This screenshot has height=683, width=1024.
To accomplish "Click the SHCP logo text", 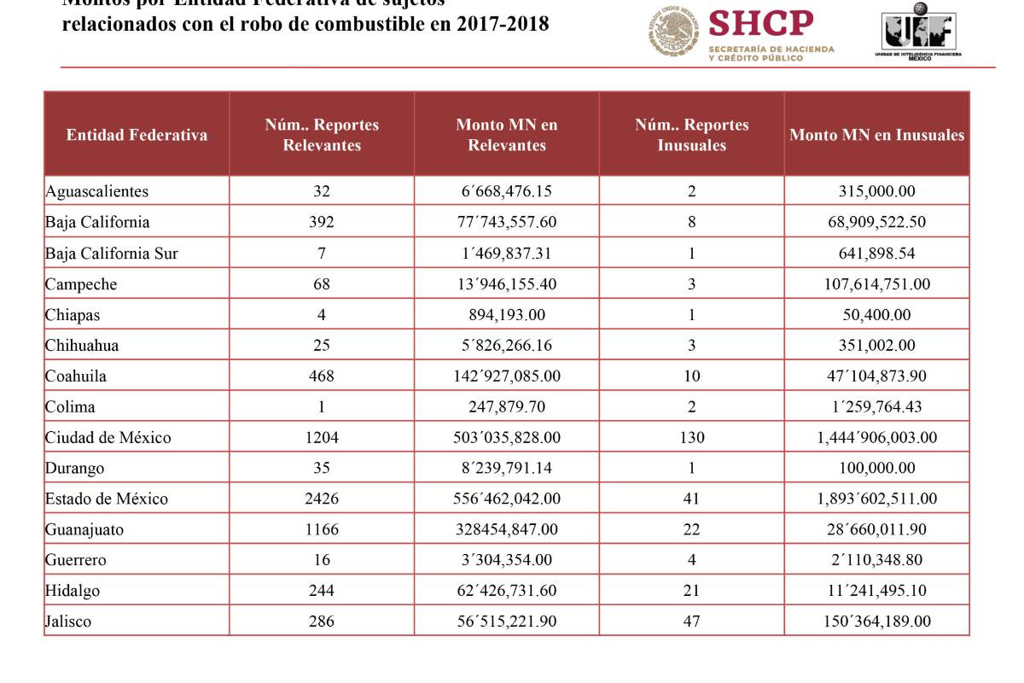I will click(x=761, y=24).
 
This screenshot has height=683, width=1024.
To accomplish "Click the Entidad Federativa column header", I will click(x=137, y=135).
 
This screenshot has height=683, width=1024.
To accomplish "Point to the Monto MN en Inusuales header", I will click(x=876, y=135).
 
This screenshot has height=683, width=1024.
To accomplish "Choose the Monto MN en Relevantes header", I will click(x=507, y=135).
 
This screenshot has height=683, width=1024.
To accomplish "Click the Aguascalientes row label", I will click(x=96, y=191).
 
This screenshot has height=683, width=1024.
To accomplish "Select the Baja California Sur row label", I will click(x=112, y=253).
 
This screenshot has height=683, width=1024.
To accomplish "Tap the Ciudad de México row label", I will click(x=108, y=437).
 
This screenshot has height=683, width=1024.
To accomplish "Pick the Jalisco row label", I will click(x=68, y=622).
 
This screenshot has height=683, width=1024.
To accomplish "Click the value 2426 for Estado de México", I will click(x=322, y=499).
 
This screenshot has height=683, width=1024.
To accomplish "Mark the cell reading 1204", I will click(x=322, y=437).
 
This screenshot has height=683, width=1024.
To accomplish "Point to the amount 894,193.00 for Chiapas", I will click(x=507, y=314).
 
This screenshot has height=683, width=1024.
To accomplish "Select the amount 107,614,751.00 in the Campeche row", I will click(x=876, y=283).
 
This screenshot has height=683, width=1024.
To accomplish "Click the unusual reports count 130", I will click(x=692, y=437).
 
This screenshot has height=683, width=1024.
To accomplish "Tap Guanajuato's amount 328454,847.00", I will click(x=507, y=529).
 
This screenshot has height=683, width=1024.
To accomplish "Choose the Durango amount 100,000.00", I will click(x=876, y=468).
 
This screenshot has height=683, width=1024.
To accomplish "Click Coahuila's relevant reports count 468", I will click(x=322, y=376).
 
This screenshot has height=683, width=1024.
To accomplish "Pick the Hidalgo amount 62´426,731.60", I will click(x=507, y=591).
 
